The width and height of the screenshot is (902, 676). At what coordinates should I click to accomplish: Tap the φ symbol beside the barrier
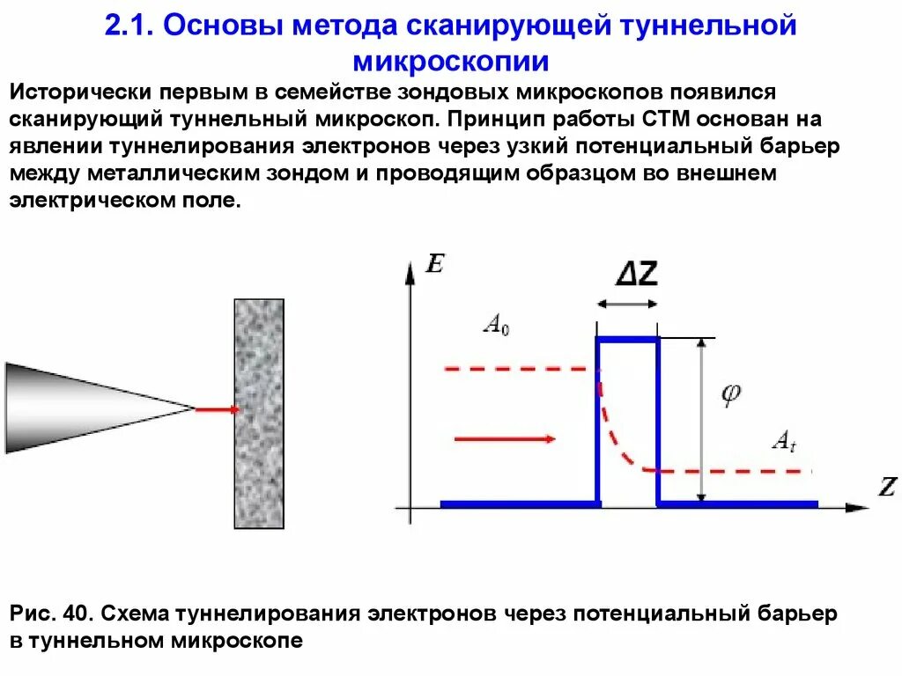[730, 396]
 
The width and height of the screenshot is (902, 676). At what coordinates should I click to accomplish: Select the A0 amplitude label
[496, 325]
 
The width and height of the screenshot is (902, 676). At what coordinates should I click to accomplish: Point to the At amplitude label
[784, 441]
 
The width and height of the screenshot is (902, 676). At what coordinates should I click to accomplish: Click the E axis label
[433, 263]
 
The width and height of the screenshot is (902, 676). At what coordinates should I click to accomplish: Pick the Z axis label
[886, 486]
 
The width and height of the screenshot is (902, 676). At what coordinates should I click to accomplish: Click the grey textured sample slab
[259, 414]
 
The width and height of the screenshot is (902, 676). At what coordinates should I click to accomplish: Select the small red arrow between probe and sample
[217, 409]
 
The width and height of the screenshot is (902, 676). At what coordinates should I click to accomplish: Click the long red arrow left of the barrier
[505, 437]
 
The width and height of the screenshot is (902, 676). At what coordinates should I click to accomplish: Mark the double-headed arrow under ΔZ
[627, 304]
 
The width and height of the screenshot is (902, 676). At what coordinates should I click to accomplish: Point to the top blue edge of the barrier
[627, 339]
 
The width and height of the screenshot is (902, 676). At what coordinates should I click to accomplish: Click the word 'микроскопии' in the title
[451, 60]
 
